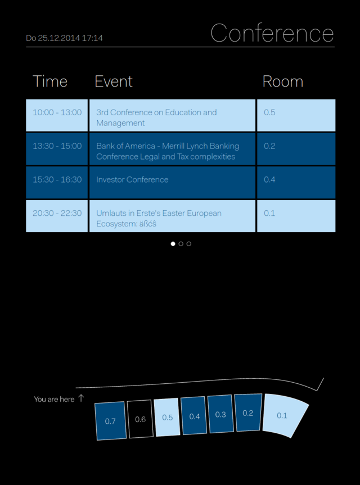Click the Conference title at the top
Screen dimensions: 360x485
click(272, 33)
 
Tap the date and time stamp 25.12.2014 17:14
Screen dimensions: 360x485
click(64, 38)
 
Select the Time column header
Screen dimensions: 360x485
click(50, 81)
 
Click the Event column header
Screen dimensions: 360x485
click(114, 81)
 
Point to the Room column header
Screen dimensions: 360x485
click(282, 81)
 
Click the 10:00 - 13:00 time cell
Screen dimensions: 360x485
click(57, 115)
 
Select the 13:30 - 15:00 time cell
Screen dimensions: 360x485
click(57, 149)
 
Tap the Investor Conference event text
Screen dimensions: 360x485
click(132, 180)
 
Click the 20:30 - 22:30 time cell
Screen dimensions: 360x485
click(57, 216)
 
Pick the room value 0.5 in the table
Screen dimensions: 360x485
click(269, 112)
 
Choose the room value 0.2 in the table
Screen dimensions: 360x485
click(269, 146)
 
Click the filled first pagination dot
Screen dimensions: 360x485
click(173, 244)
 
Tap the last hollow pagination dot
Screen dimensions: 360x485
click(189, 244)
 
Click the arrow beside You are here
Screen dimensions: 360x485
click(81, 398)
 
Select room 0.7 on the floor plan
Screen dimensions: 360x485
click(110, 421)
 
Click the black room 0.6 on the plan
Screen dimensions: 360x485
click(140, 419)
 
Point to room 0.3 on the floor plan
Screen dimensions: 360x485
click(220, 414)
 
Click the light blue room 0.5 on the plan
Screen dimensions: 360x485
click(167, 417)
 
